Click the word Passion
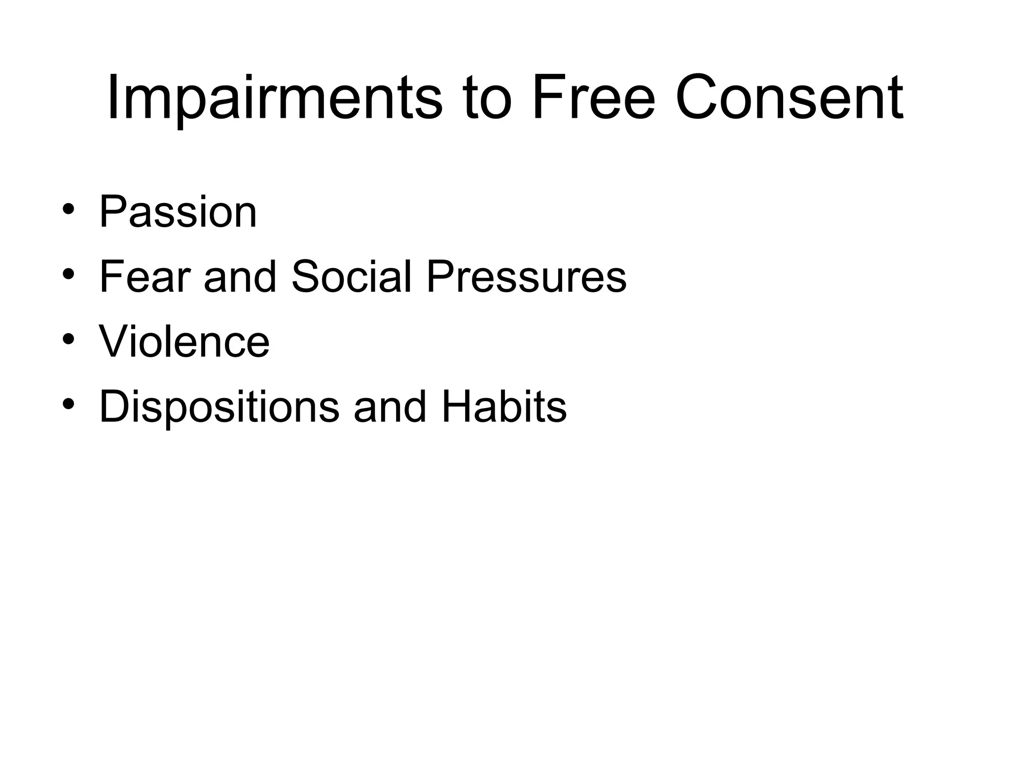pos(178,212)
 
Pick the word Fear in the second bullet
pos(144,277)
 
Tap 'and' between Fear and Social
pos(240,277)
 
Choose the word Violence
pos(184,342)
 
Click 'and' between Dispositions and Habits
pos(390,407)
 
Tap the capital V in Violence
pos(113,342)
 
